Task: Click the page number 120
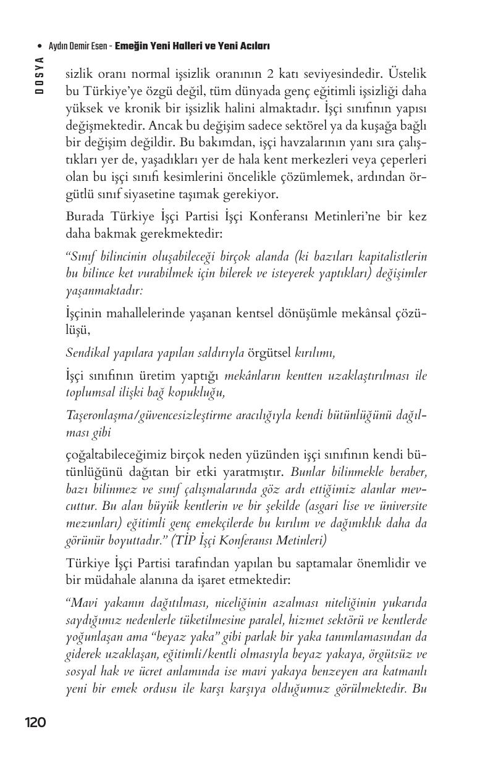[x=35, y=722]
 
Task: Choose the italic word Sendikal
[x=86, y=352]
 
